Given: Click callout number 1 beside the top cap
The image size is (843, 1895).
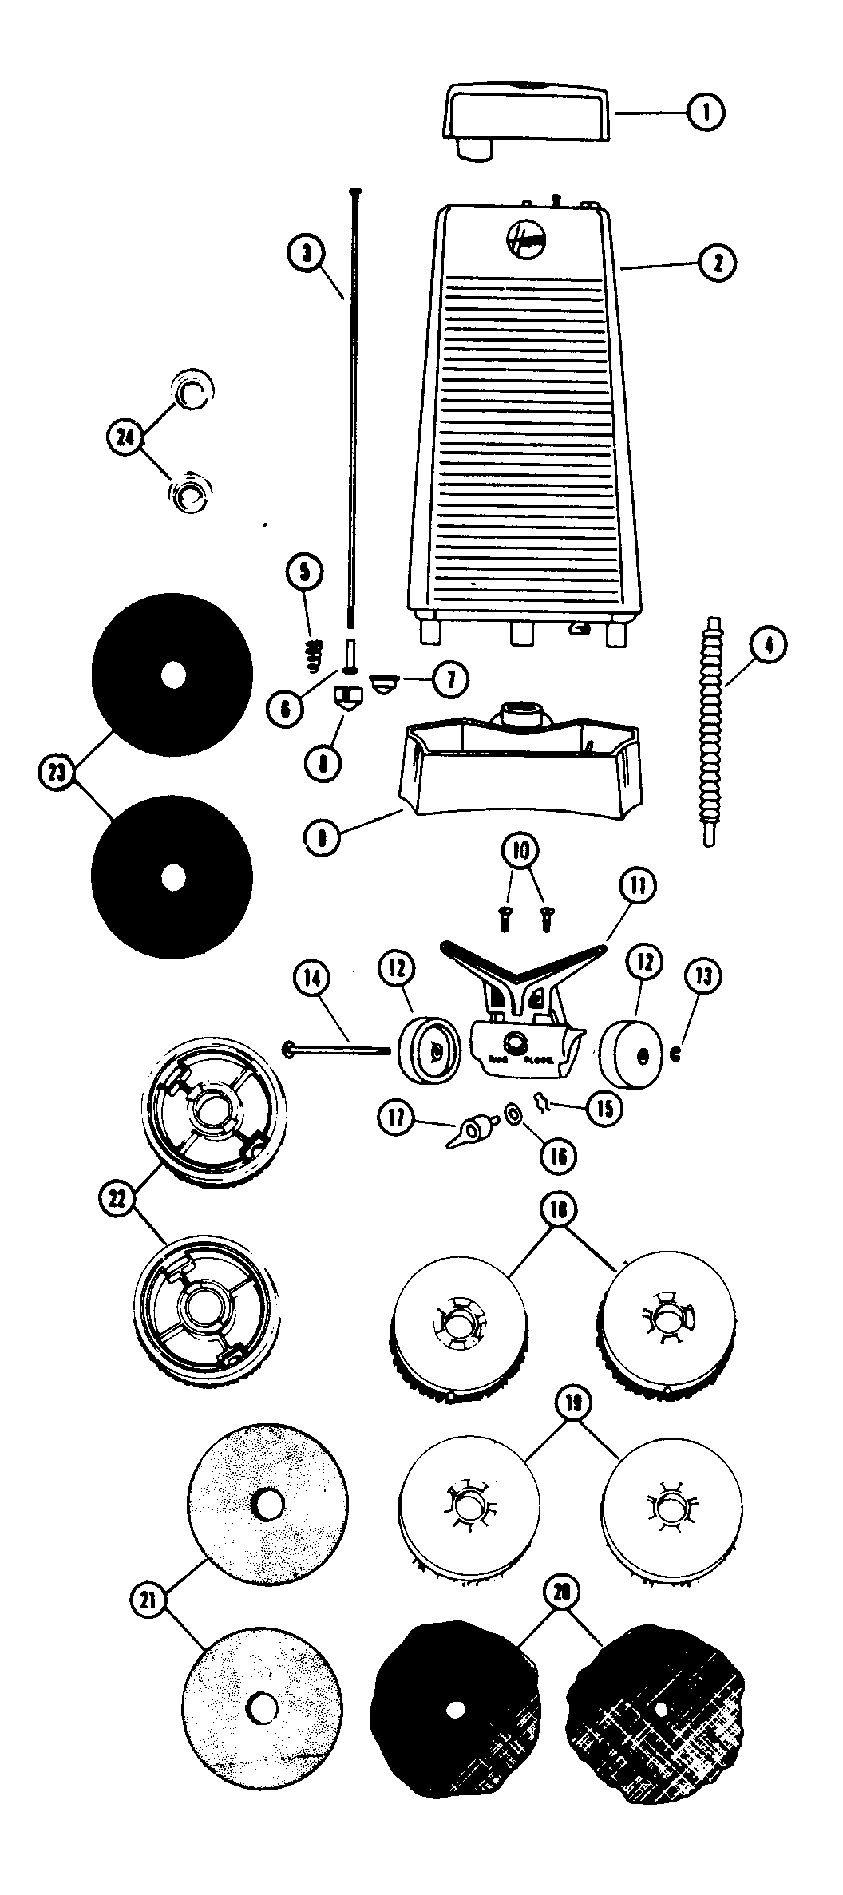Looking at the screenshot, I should coord(705,113).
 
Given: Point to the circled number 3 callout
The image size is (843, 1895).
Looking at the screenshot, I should coord(307,254).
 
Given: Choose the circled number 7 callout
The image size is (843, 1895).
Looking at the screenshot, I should coord(450,679).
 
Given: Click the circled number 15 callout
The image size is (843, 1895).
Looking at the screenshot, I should coord(604,1108).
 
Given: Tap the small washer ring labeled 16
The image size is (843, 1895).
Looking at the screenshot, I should coord(513,1113).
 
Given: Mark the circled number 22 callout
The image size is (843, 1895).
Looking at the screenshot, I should coord(119,1202).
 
